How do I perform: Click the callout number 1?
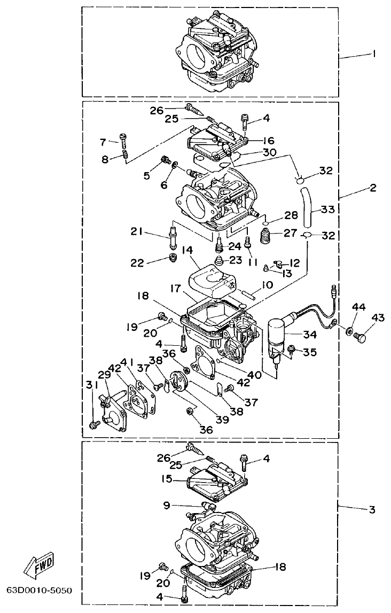click(373, 53)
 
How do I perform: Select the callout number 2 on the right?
click(372, 188)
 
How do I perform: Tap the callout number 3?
click(372, 509)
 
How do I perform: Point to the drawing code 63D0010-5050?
click(38, 593)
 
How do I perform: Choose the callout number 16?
click(268, 141)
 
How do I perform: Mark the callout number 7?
click(103, 142)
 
